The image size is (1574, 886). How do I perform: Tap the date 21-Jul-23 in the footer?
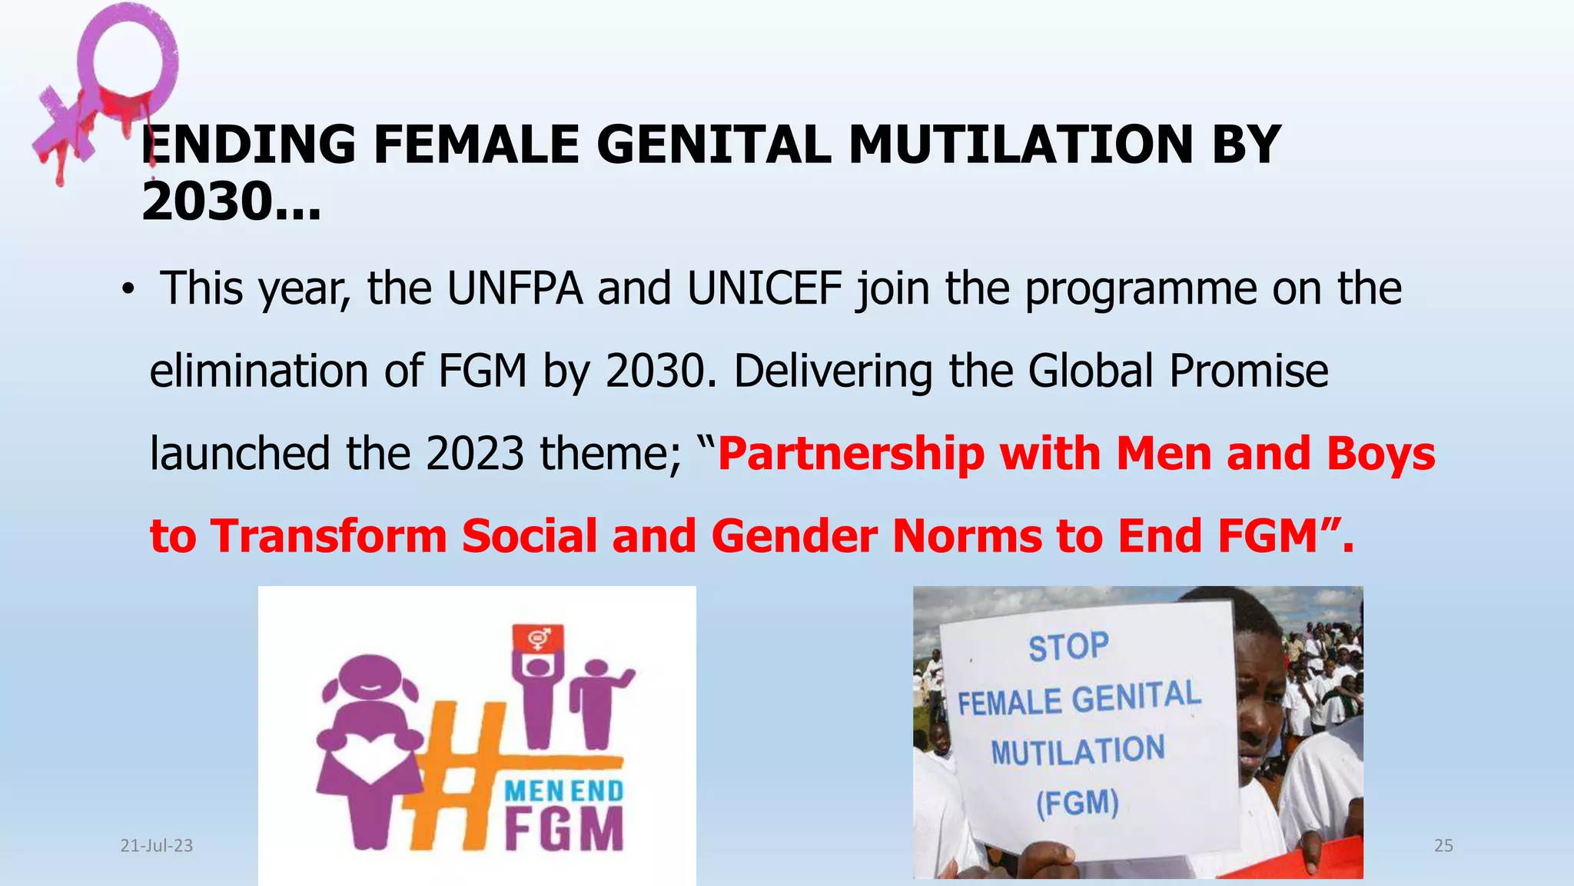point(157,846)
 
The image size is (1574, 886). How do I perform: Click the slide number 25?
point(1443,846)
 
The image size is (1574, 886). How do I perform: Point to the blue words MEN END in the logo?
point(563,791)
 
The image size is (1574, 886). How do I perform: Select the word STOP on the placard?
point(1068,647)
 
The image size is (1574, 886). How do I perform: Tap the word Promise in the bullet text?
point(1249,371)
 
